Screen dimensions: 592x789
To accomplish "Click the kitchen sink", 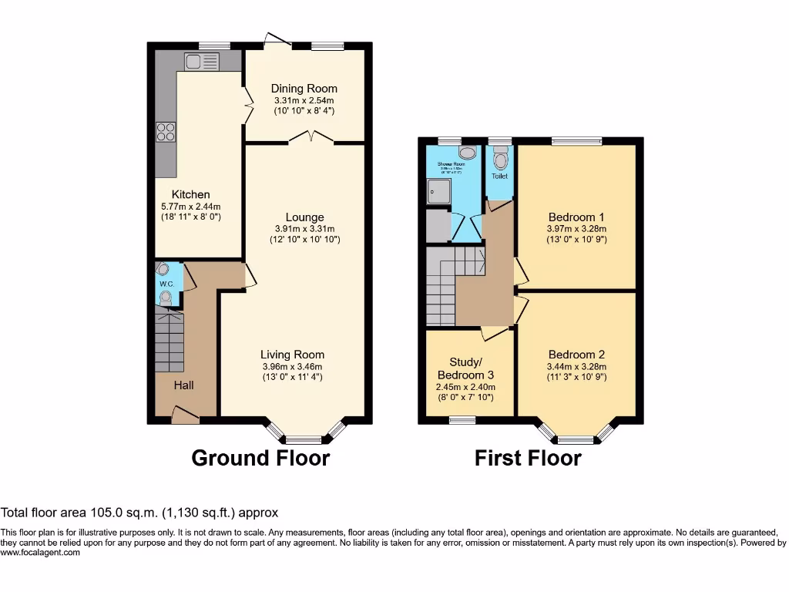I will click(202, 62).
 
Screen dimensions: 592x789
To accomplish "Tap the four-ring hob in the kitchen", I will click(166, 132).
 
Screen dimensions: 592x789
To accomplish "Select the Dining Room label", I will click(304, 89).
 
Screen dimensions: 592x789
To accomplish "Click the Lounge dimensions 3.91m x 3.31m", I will click(304, 229).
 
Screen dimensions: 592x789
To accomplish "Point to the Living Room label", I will click(292, 355).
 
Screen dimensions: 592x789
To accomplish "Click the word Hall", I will click(183, 385).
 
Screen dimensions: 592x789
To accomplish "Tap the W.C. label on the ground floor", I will click(166, 284).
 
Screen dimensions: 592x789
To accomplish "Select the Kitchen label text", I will click(190, 194).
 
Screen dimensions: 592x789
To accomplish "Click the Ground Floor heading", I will click(260, 458).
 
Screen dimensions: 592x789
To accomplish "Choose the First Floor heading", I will click(528, 459).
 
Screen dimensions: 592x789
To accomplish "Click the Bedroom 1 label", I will click(576, 216).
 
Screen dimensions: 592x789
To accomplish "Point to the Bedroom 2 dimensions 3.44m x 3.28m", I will click(576, 367).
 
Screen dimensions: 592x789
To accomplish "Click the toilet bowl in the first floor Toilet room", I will click(501, 160).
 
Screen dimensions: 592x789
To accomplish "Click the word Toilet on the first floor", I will click(500, 177).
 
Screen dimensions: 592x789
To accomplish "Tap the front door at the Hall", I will click(185, 416).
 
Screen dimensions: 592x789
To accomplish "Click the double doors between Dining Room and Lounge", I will click(311, 139).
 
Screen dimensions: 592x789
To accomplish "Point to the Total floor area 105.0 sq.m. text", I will click(139, 512).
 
